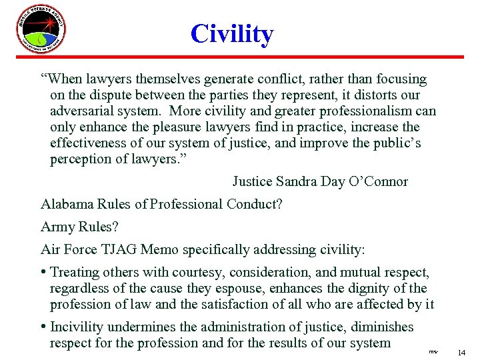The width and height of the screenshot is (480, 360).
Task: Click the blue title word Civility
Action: pos(231,34)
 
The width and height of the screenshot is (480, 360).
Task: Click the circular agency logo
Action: pos(41,30)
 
